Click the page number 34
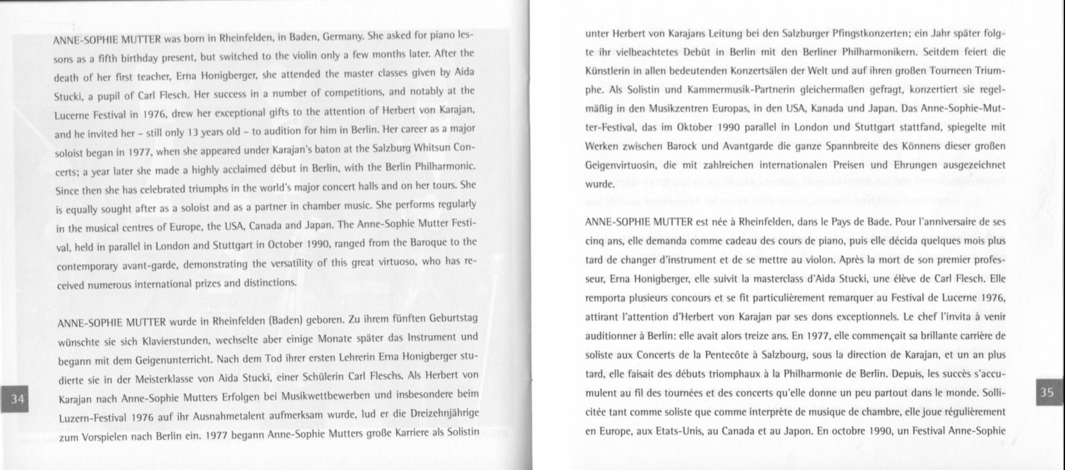(18, 400)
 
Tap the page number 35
(1047, 393)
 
